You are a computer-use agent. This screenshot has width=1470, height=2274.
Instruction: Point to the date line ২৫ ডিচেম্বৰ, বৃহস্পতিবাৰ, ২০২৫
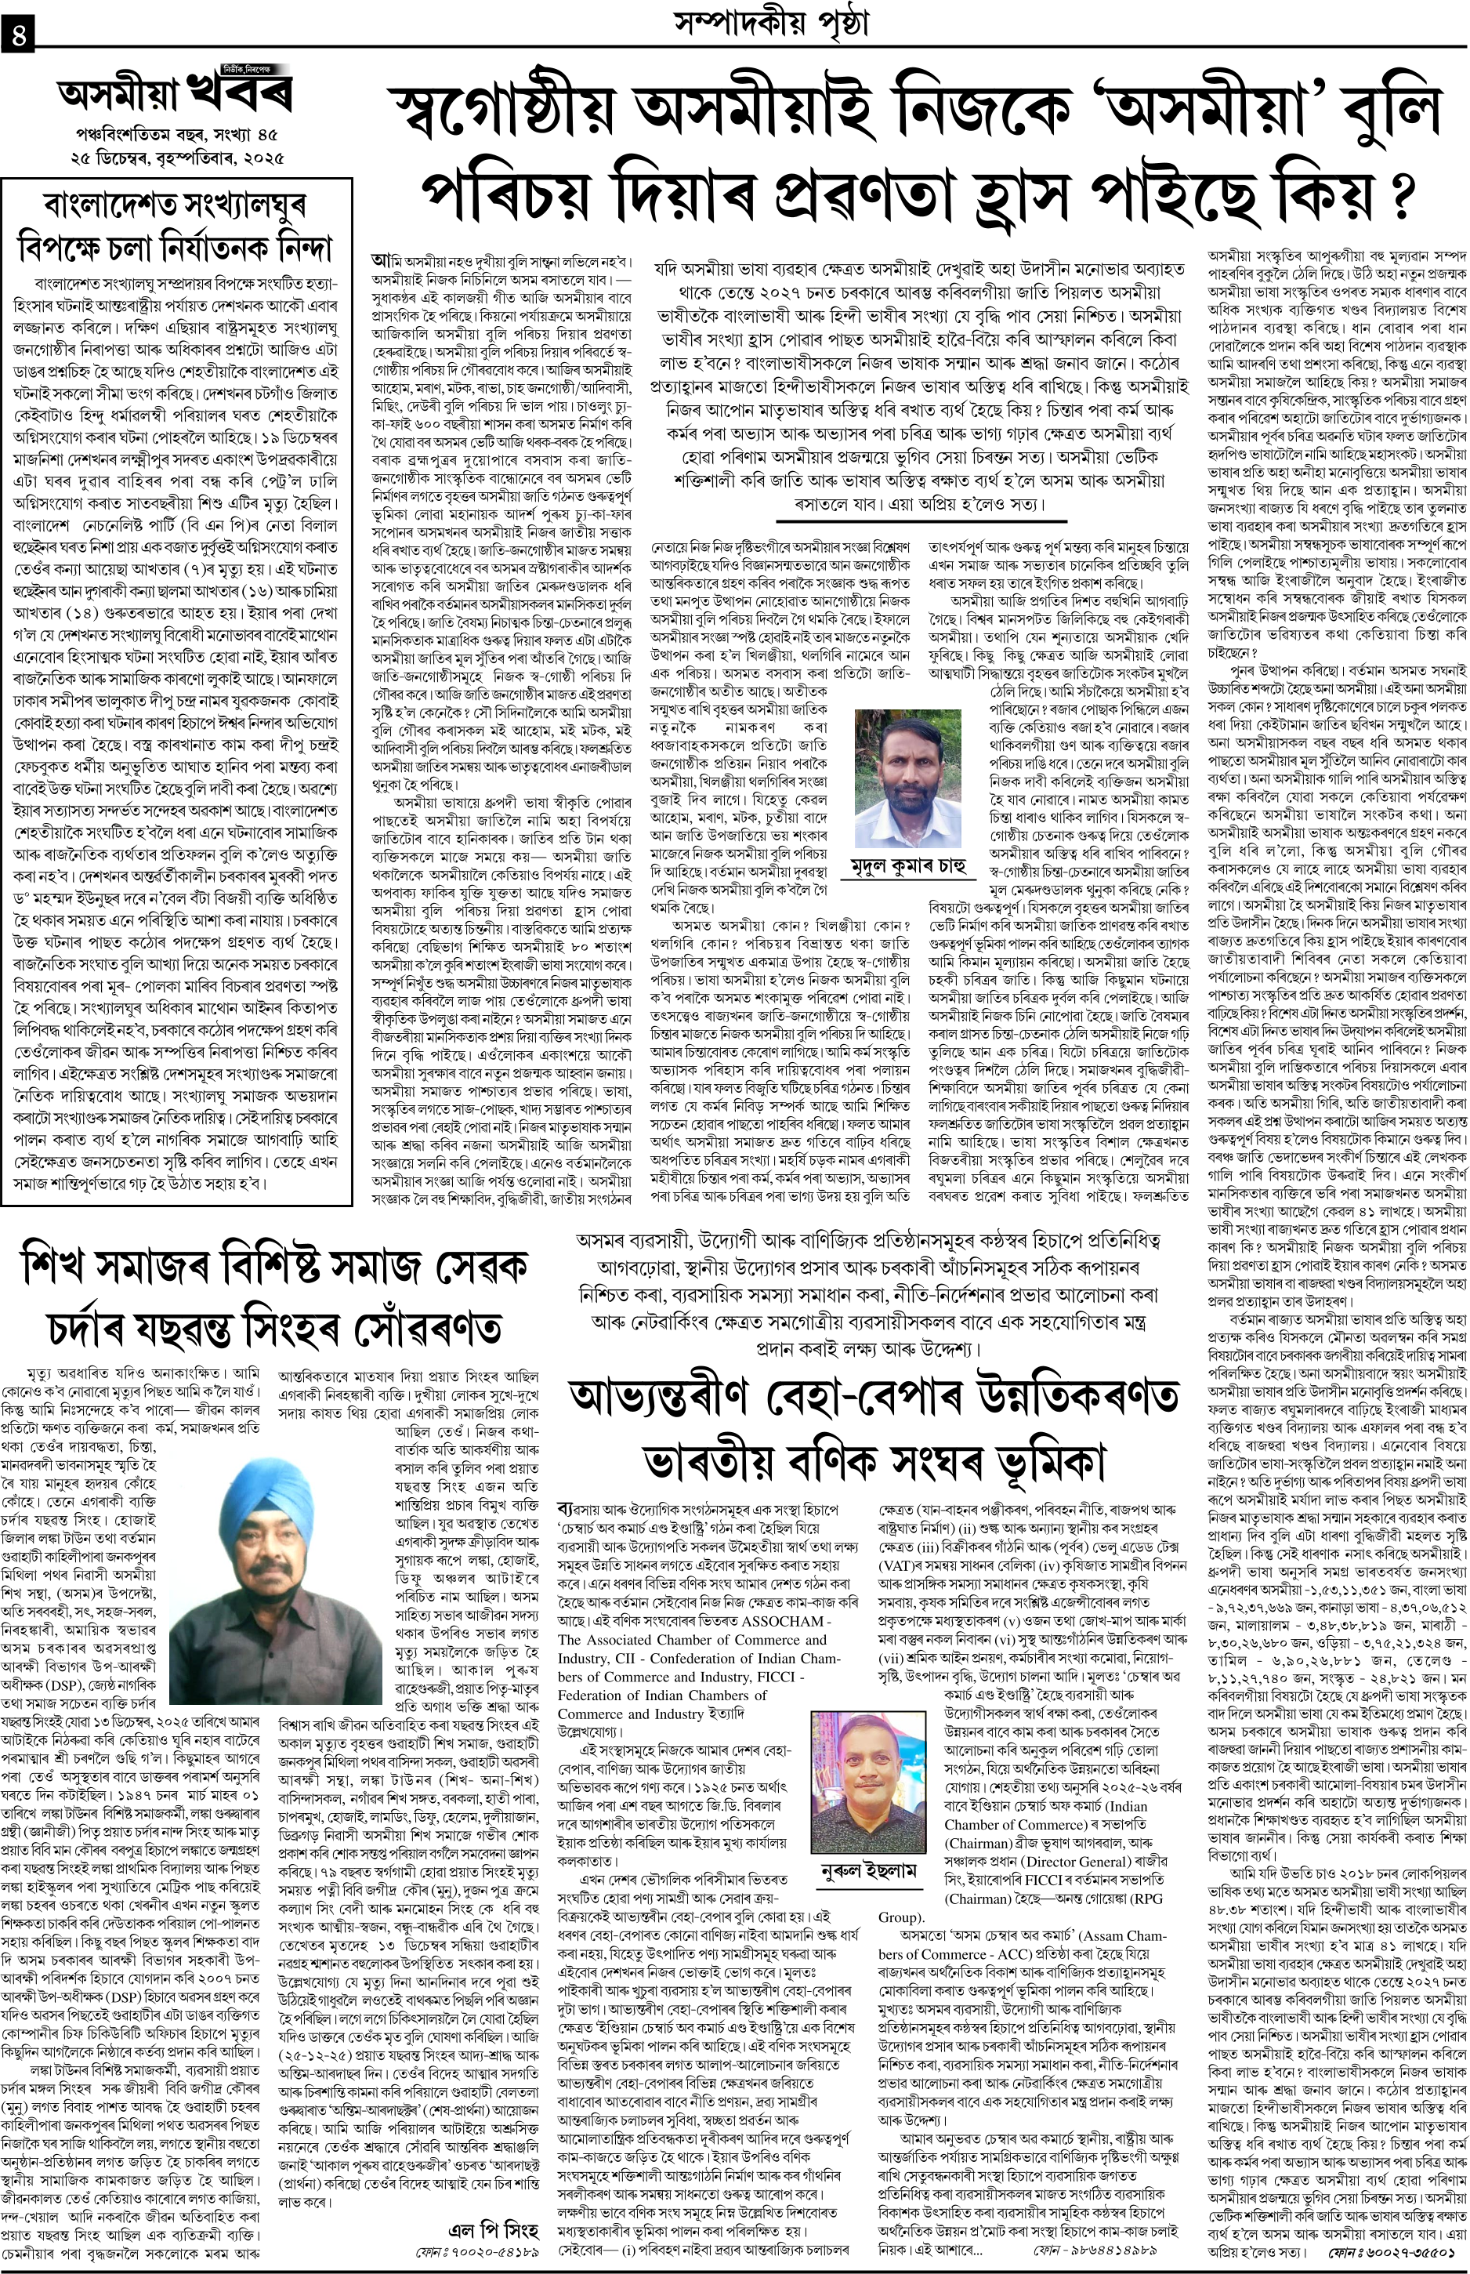coord(176,156)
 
